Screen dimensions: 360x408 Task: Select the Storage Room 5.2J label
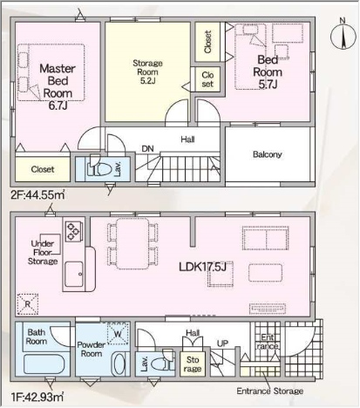[147, 71]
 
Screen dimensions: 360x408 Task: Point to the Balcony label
[268, 154]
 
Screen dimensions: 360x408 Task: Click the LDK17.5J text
[202, 267]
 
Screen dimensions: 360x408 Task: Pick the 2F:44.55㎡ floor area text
[37, 194]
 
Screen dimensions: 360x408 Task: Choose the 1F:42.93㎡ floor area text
[37, 397]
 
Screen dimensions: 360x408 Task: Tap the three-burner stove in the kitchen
[73, 231]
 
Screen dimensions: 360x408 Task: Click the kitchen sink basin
[74, 275]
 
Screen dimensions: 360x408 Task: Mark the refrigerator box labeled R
[28, 304]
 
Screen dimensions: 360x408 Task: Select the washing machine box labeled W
[118, 333]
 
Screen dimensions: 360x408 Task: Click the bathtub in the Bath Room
[44, 364]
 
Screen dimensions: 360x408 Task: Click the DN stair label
[147, 149]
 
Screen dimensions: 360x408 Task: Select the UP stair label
[222, 343]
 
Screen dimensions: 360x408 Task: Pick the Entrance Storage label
[270, 391]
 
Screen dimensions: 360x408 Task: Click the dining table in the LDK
[132, 243]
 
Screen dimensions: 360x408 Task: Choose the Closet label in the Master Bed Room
[43, 169]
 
